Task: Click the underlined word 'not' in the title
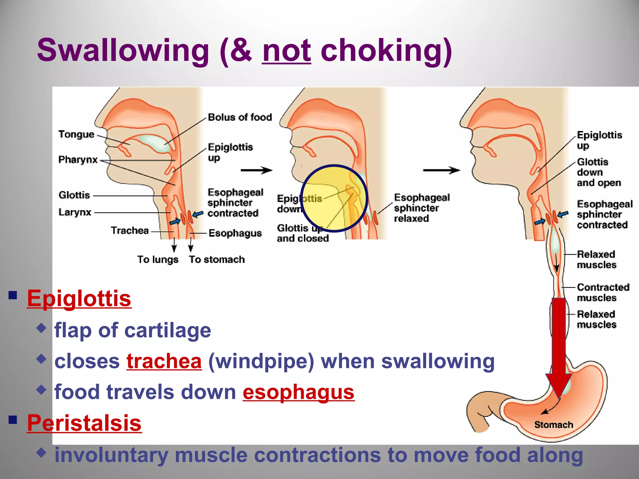286,51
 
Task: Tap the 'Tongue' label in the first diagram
76,134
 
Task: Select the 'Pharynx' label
78,160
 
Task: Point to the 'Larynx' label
75,212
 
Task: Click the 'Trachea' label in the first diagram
130,230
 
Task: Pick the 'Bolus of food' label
240,117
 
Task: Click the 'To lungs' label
158,259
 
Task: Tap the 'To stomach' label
217,259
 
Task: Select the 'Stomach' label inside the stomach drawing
554,425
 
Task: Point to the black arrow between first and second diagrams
256,170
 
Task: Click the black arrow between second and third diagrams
441,170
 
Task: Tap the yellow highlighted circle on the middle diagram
334,198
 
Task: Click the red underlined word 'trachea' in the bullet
164,361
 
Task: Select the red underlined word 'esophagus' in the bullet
299,392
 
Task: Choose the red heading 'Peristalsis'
84,423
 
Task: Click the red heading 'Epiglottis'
79,298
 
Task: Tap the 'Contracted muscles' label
602,292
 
